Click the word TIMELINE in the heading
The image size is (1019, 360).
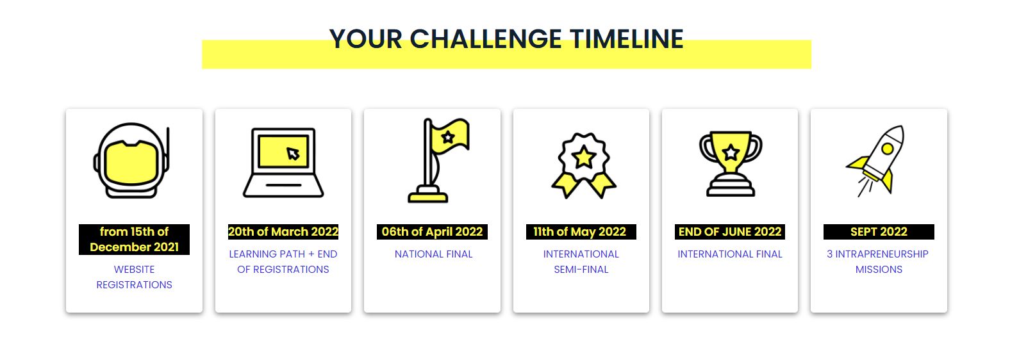626,38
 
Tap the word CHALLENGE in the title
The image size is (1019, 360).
485,38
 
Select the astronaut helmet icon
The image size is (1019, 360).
131,160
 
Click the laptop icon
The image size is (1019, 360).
283,162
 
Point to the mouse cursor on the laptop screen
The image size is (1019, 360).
293,154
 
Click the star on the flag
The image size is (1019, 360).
448,136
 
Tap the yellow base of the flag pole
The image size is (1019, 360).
427,197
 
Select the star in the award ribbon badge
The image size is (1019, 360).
584,158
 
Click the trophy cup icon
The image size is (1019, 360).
730,163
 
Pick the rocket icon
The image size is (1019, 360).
875,160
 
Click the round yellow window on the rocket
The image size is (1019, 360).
888,149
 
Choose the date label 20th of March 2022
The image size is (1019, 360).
283,232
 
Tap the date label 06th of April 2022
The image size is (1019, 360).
432,232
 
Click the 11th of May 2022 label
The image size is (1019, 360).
581,232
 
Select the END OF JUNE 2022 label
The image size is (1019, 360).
730,232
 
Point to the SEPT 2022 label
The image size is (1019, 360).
879,232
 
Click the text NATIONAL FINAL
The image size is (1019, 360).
433,254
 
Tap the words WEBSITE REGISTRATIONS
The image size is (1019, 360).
134,277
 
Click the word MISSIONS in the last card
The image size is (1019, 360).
879,270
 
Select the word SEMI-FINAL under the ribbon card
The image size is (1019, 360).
581,270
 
